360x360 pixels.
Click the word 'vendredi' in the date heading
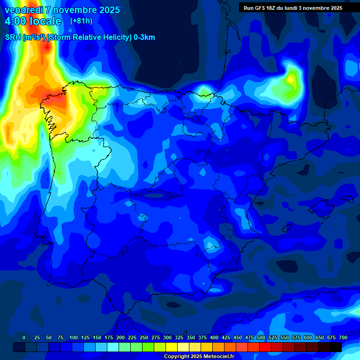[23, 10]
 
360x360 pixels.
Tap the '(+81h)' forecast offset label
[81, 21]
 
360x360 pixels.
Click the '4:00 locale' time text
[33, 21]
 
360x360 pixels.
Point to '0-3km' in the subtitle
[144, 37]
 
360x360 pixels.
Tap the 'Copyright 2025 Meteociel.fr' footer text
[198, 357]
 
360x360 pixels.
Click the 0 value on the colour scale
[24, 337]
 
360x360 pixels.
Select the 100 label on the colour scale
[74, 337]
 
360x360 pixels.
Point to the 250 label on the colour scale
[144, 337]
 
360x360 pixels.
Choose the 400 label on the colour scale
[214, 337]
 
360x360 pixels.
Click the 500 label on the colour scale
[261, 337]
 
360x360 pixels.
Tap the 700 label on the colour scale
[343, 337]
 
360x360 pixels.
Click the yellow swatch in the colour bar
[172, 347]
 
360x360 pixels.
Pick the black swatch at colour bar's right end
[336, 347]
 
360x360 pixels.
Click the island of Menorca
[347, 199]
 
